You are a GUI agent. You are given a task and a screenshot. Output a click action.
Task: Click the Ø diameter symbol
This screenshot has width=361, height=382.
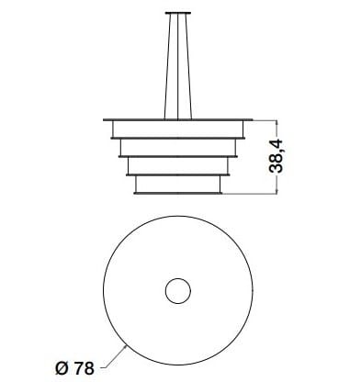[61, 368]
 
